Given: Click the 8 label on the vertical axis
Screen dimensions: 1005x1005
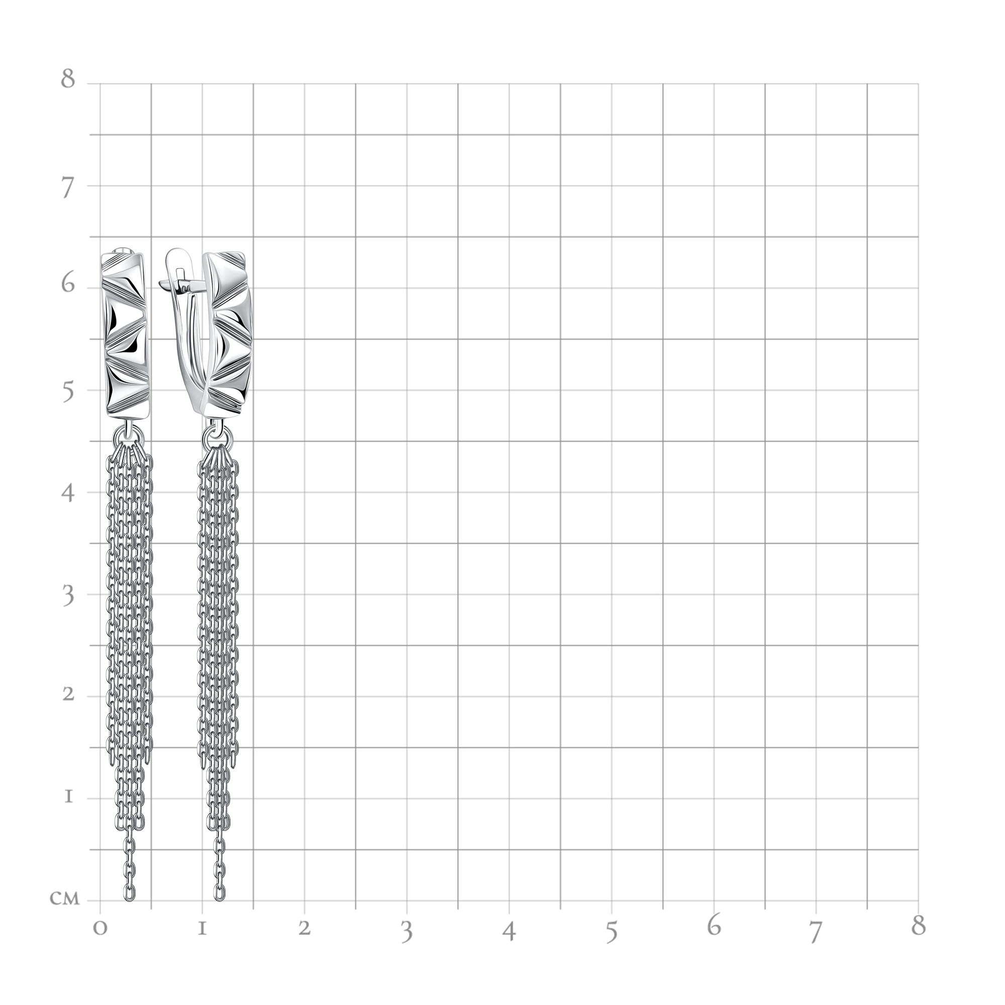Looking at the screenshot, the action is (x=68, y=78).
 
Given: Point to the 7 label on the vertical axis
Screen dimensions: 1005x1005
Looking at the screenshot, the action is (x=68, y=189).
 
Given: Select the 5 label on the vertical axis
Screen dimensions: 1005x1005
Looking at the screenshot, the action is (x=68, y=393).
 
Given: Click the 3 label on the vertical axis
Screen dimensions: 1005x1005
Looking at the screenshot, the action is (x=68, y=597).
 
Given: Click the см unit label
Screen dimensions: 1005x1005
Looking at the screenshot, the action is (x=65, y=899).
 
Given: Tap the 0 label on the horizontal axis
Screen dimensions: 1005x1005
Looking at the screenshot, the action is (x=100, y=928).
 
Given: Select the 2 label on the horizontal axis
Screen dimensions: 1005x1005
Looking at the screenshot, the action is (x=305, y=928).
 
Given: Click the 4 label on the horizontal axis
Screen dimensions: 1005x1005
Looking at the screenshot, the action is (x=509, y=931).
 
